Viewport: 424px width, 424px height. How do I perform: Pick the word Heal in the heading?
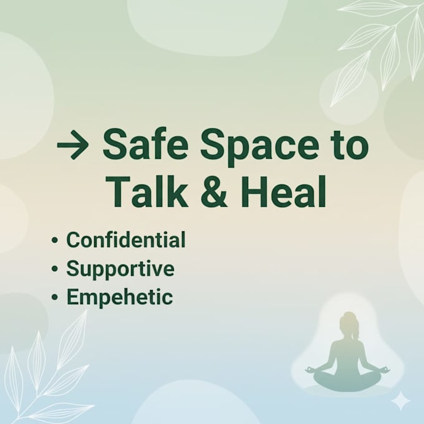pyautogui.click(x=284, y=191)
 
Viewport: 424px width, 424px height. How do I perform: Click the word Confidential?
pyautogui.click(x=126, y=239)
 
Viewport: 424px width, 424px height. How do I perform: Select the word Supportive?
pyautogui.click(x=120, y=269)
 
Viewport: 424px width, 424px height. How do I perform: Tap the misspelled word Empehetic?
pyautogui.click(x=120, y=297)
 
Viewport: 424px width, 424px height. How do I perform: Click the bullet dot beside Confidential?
pyautogui.click(x=55, y=240)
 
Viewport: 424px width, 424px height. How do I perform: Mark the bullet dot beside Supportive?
pyautogui.click(x=55, y=269)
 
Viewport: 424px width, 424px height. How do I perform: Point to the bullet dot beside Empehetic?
pyautogui.click(x=55, y=297)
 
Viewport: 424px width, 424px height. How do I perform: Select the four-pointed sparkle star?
pyautogui.click(x=402, y=402)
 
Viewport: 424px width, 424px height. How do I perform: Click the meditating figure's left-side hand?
pyautogui.click(x=310, y=370)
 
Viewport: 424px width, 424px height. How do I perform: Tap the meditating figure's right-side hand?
pyautogui.click(x=386, y=370)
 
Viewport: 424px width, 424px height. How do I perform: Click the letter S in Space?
pyautogui.click(x=213, y=145)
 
